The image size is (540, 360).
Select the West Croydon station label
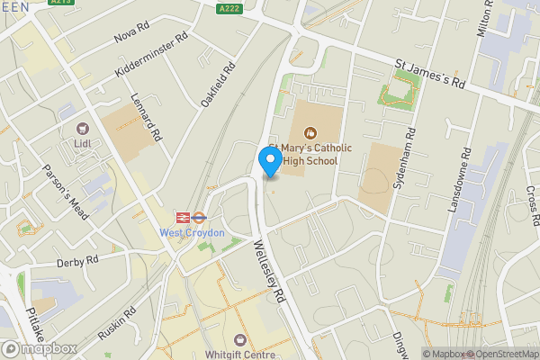192,232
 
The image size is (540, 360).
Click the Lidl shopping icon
84,130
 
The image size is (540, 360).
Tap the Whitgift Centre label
241,355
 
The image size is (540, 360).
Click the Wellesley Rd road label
270,270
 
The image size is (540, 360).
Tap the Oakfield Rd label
218,85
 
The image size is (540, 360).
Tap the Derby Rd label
76,261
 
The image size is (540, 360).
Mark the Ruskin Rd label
117,326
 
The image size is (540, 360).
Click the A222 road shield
229,8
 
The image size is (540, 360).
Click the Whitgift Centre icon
240,339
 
